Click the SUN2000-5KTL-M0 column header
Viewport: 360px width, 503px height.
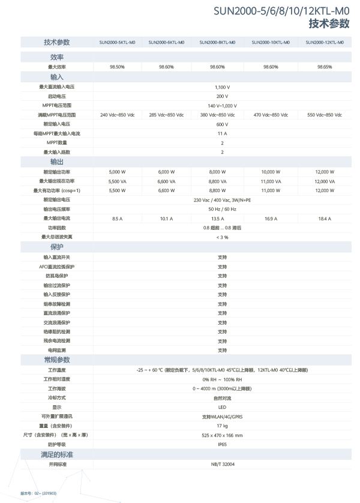[116, 43]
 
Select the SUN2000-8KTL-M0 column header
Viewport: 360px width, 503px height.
[217, 43]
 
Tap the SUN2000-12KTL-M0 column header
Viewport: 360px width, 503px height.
[325, 43]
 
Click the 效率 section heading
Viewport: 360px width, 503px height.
[58, 56]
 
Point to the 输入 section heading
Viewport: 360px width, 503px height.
[57, 77]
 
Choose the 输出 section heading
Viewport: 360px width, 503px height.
[57, 162]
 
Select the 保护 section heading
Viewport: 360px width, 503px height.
[57, 247]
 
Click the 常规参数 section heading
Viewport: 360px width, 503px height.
[57, 360]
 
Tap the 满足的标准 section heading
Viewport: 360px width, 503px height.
[57, 454]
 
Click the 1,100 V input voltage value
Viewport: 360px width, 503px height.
[222, 87]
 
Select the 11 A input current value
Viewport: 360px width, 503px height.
[222, 133]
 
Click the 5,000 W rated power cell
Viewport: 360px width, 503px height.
[116, 171]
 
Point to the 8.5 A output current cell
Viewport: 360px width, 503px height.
[116, 218]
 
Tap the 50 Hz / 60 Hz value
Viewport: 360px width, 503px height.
[222, 209]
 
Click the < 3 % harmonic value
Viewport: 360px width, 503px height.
[222, 237]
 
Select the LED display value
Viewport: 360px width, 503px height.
[222, 406]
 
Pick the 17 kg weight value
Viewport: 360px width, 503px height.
[222, 425]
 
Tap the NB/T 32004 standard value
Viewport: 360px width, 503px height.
[222, 464]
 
